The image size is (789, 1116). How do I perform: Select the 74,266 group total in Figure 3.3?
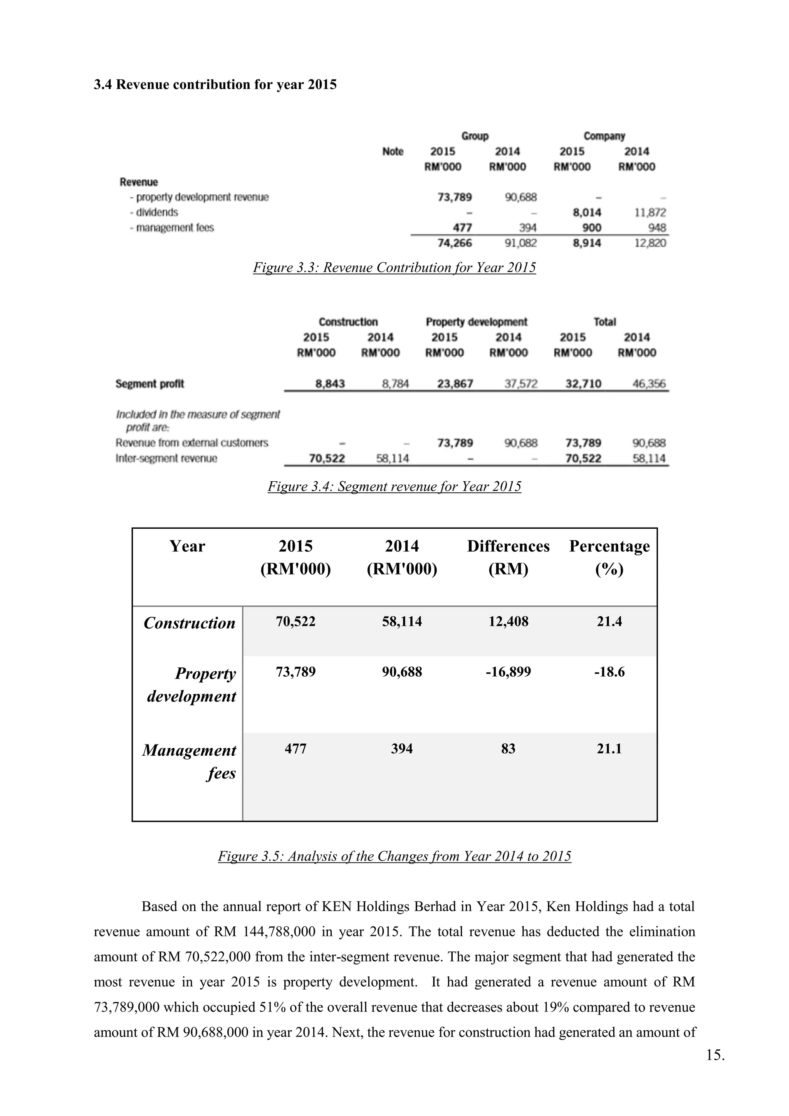coord(455,243)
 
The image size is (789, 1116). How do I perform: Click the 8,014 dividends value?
coord(586,212)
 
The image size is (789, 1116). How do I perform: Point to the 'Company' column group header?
coord(604,136)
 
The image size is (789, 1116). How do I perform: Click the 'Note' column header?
coord(393,152)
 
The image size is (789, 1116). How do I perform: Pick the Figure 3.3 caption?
coord(394,268)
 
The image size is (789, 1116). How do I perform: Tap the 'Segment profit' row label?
coord(149,384)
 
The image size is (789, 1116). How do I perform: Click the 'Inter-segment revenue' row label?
coord(166,458)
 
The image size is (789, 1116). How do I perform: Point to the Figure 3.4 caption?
coord(394,487)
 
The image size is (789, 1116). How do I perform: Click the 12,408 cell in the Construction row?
coord(508,621)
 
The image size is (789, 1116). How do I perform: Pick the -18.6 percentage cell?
coord(609,672)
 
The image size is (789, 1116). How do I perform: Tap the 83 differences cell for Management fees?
coord(508,748)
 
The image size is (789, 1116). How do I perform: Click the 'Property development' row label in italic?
coord(192,685)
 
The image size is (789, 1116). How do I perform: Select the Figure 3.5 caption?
coord(394,856)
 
